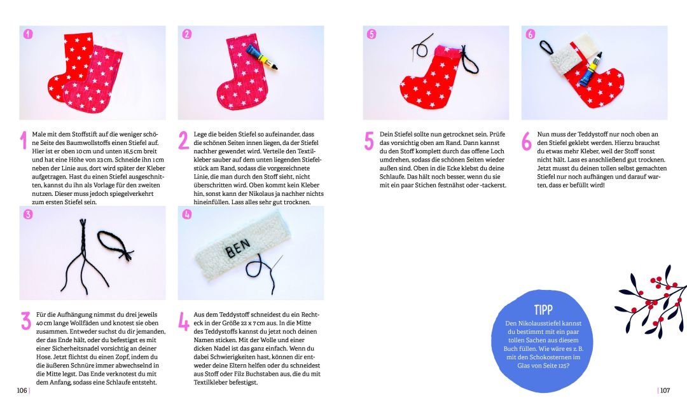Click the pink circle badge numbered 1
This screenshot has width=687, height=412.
coord(28,34)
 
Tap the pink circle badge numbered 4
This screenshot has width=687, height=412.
coord(187,214)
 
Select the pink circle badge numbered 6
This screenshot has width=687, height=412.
coord(531,34)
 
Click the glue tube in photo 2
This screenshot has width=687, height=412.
coord(261,57)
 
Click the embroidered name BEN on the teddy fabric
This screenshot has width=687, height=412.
coord(238,248)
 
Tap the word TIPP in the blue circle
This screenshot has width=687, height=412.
coord(543,310)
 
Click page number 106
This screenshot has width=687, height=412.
coord(22,390)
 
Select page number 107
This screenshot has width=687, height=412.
coord(665,390)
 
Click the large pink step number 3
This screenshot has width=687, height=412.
coord(26,320)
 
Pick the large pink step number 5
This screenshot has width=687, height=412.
coord(369,141)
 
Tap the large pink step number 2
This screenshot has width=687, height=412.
coord(184,141)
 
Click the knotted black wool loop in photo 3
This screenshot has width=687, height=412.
coord(114,245)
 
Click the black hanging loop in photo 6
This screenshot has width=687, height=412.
coord(546,47)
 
